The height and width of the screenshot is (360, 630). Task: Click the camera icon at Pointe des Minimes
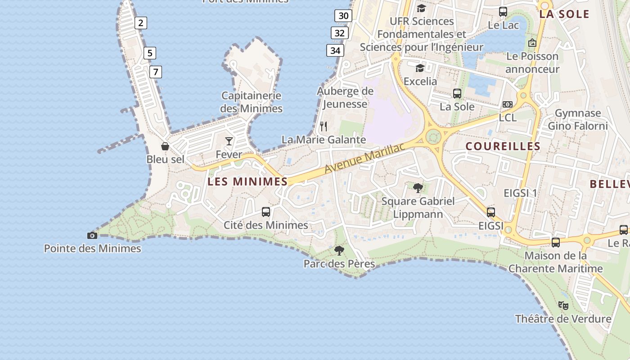[92, 235]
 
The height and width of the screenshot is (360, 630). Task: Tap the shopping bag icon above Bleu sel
[165, 146]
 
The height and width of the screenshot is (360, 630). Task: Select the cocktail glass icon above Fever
[229, 141]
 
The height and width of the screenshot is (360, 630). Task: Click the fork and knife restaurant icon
[324, 126]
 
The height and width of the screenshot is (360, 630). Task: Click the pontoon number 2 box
[141, 22]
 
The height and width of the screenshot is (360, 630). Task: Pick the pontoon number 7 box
[155, 72]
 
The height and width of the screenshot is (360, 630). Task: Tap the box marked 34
[335, 50]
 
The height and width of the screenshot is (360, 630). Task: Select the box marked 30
[343, 16]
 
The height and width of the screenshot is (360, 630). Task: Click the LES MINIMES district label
[247, 182]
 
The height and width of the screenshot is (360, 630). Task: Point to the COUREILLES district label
[503, 146]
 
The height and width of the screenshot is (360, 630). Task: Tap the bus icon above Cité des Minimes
[266, 211]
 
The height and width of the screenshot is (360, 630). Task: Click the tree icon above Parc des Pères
[339, 251]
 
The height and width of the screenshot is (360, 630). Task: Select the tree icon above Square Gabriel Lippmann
[418, 188]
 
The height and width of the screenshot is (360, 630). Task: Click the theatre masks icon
[563, 306]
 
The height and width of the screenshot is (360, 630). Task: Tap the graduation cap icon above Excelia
[420, 68]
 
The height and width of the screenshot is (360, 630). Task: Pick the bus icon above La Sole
[457, 94]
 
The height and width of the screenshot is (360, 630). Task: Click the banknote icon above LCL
[508, 104]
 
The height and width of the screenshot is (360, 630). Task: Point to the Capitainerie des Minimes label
[251, 102]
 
